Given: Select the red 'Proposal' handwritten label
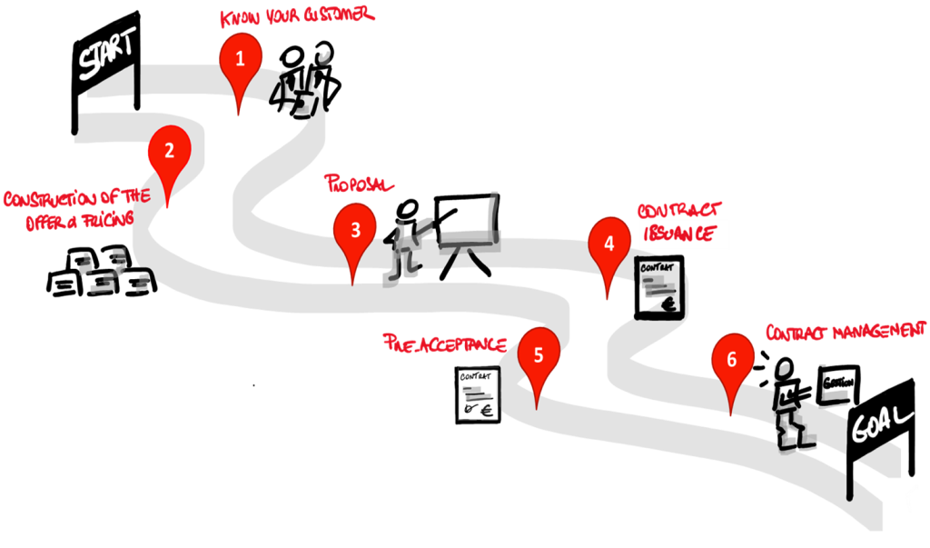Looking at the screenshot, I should [360, 184].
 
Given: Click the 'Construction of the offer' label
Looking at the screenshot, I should [68, 207].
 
